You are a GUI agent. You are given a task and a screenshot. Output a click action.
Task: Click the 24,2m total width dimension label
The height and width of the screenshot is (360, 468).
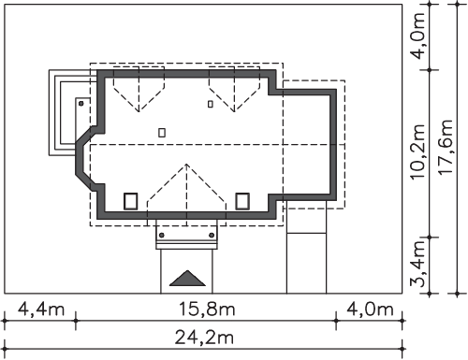click(x=204, y=338)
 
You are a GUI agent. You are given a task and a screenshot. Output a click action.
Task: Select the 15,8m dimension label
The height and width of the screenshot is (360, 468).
click(x=207, y=310)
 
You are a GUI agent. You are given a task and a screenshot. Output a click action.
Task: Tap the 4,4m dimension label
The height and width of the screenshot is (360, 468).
click(x=41, y=310)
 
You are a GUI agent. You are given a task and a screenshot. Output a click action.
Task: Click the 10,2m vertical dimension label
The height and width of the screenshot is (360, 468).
click(x=417, y=151)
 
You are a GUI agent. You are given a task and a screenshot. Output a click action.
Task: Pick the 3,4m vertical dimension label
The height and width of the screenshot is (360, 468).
click(x=417, y=265)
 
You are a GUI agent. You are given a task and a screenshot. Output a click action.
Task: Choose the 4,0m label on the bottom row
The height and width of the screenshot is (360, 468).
click(x=370, y=310)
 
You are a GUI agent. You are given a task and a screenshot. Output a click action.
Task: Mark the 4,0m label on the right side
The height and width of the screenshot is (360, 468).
click(x=417, y=36)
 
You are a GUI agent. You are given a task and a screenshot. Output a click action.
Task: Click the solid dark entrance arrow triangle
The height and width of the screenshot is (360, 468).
click(x=187, y=278)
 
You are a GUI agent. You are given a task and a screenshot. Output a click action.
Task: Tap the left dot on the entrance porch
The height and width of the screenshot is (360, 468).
click(x=162, y=235)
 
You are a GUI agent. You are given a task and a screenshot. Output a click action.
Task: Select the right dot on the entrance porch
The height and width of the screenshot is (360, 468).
click(x=212, y=235)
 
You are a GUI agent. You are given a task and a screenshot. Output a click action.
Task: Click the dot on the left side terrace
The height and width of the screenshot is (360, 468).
click(x=81, y=103)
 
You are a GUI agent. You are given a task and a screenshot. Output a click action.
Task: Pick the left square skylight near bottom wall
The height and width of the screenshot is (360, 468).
click(x=131, y=201)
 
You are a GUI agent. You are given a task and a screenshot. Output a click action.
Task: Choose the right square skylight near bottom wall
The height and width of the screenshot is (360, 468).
click(x=242, y=201)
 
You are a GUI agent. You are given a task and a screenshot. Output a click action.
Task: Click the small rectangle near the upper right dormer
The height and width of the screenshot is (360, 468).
click(x=211, y=104)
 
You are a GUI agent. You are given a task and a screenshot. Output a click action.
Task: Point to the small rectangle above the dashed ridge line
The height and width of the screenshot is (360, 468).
click(x=162, y=133)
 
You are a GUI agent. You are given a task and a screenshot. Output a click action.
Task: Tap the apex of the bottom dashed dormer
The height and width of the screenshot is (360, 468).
click(x=186, y=164)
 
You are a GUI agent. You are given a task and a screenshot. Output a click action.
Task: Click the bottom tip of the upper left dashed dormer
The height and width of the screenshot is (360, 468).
click(x=139, y=111)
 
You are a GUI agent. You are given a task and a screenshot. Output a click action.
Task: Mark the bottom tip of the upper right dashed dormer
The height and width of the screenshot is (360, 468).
click(x=234, y=111)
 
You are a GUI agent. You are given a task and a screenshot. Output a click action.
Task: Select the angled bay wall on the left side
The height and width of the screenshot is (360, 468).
click(x=83, y=158)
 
